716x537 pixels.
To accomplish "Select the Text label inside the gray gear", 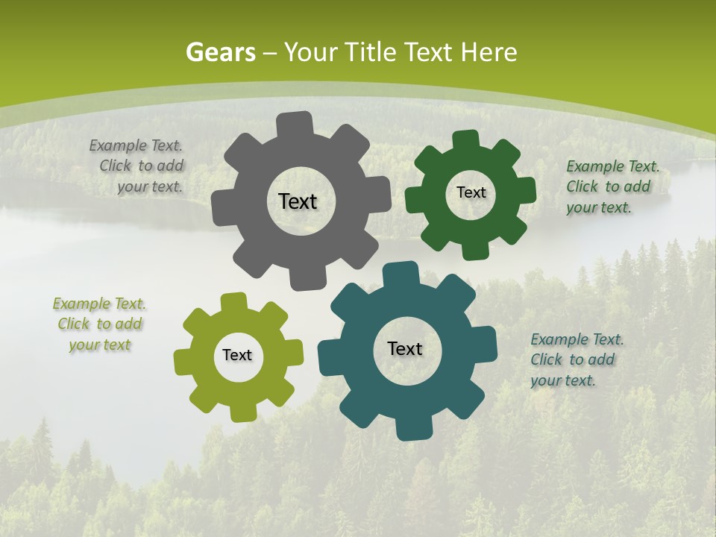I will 298,201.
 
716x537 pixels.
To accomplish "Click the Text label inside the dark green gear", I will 471,192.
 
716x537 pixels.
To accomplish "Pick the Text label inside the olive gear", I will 237,355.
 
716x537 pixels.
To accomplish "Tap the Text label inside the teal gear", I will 405,348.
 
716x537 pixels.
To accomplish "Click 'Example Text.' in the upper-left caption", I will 136,145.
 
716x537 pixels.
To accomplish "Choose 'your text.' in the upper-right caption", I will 599,207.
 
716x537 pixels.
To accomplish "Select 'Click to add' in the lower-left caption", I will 100,324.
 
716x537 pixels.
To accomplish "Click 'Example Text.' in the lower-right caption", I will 577,339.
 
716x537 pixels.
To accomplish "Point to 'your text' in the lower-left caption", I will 100,345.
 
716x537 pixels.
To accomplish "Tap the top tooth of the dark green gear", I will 467,140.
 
